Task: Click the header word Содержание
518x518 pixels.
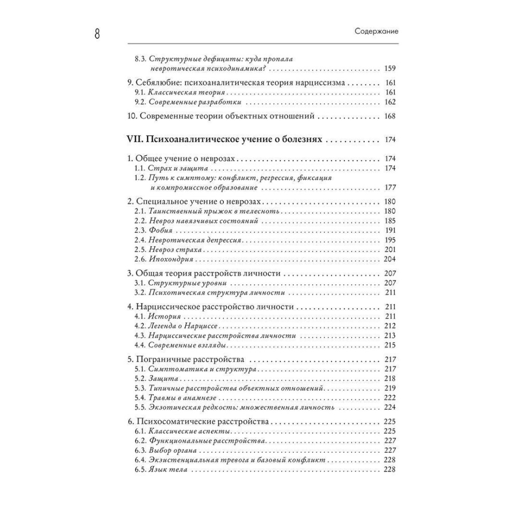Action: pos(377,31)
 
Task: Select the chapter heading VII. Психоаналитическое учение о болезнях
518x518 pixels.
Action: pos(225,139)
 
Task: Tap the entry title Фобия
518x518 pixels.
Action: pos(161,230)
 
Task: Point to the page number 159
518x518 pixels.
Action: pos(390,68)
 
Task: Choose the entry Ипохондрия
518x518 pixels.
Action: pos(170,260)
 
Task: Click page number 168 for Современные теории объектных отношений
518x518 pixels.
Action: pos(390,116)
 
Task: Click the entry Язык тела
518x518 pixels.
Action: pos(168,470)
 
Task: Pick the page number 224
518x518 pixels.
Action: pos(390,407)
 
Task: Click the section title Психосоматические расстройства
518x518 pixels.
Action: pos(201,422)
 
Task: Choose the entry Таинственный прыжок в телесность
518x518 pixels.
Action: pos(214,211)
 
